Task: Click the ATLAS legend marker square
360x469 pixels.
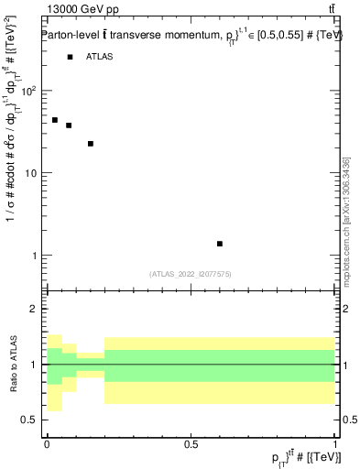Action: pos(70,57)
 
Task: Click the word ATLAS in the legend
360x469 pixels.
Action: pos(101,57)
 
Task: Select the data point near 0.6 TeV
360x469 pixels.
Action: pos(220,244)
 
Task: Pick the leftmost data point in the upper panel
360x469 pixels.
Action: pos(55,120)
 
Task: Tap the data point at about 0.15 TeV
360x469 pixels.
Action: pos(91,144)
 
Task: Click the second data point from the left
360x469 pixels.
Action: pos(69,125)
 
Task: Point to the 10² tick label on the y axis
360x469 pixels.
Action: pos(29,92)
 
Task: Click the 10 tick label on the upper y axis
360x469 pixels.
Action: pos(31,173)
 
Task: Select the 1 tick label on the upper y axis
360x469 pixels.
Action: pos(35,255)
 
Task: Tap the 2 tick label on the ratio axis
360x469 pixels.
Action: pos(35,310)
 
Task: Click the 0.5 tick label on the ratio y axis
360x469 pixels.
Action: pos(29,420)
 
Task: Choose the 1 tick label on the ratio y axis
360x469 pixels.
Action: pos(35,365)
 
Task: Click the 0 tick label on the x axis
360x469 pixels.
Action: pos(46,443)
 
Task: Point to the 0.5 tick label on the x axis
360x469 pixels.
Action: pos(191,443)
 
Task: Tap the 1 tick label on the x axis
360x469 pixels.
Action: pos(335,443)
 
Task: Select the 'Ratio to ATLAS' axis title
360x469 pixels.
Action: pos(13,365)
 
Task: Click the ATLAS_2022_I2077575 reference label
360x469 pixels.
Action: pos(191,273)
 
